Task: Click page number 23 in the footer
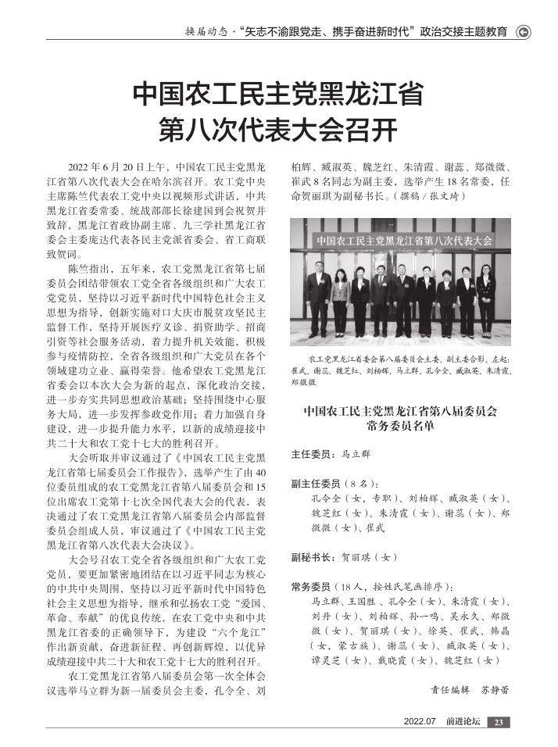[x=499, y=721]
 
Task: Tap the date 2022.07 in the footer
[x=419, y=721]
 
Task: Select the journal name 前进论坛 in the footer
[x=463, y=721]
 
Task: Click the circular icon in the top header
[x=524, y=32]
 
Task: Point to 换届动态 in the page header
[x=207, y=33]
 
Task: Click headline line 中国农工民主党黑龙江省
[x=278, y=95]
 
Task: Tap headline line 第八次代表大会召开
[x=278, y=130]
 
